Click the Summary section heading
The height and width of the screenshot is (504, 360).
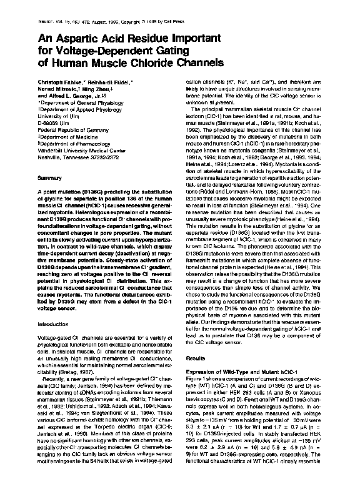[49, 179]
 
